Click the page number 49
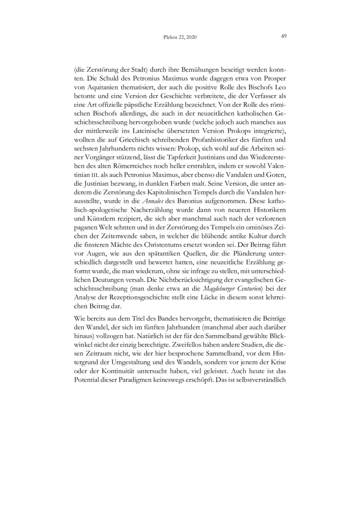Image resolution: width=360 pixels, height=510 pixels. (x=284, y=36)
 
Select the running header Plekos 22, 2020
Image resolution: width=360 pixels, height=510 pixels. (x=180, y=37)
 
